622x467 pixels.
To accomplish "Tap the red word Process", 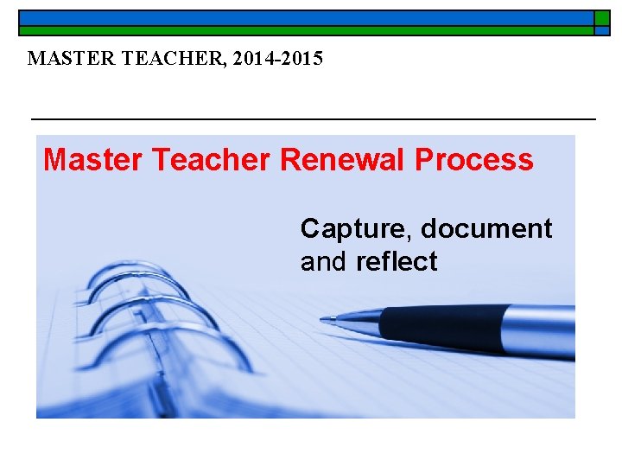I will tap(474, 160).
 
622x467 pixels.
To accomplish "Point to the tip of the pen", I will tap(324, 319).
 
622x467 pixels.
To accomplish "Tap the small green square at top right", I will tap(601, 17).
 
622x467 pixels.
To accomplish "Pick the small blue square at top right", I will tap(601, 30).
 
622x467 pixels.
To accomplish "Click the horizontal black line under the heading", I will tap(313, 118).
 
